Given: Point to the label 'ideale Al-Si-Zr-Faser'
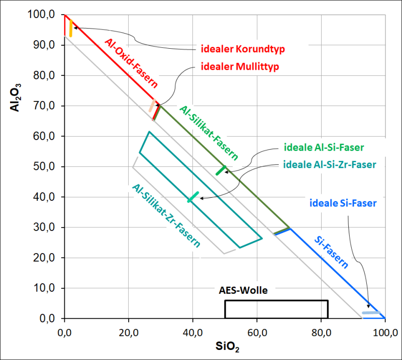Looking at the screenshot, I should tap(330, 164).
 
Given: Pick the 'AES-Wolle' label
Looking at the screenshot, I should tap(243, 290).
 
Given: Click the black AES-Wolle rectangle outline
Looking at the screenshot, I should tap(276, 301).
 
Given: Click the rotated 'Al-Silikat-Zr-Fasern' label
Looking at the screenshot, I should tap(166, 215).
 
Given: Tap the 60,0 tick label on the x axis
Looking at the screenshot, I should tap(257, 332).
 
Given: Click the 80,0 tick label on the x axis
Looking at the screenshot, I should tap(321, 332).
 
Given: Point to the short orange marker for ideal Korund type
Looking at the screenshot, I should tap(71, 28).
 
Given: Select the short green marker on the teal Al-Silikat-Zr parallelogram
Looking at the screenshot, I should tap(193, 197).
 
